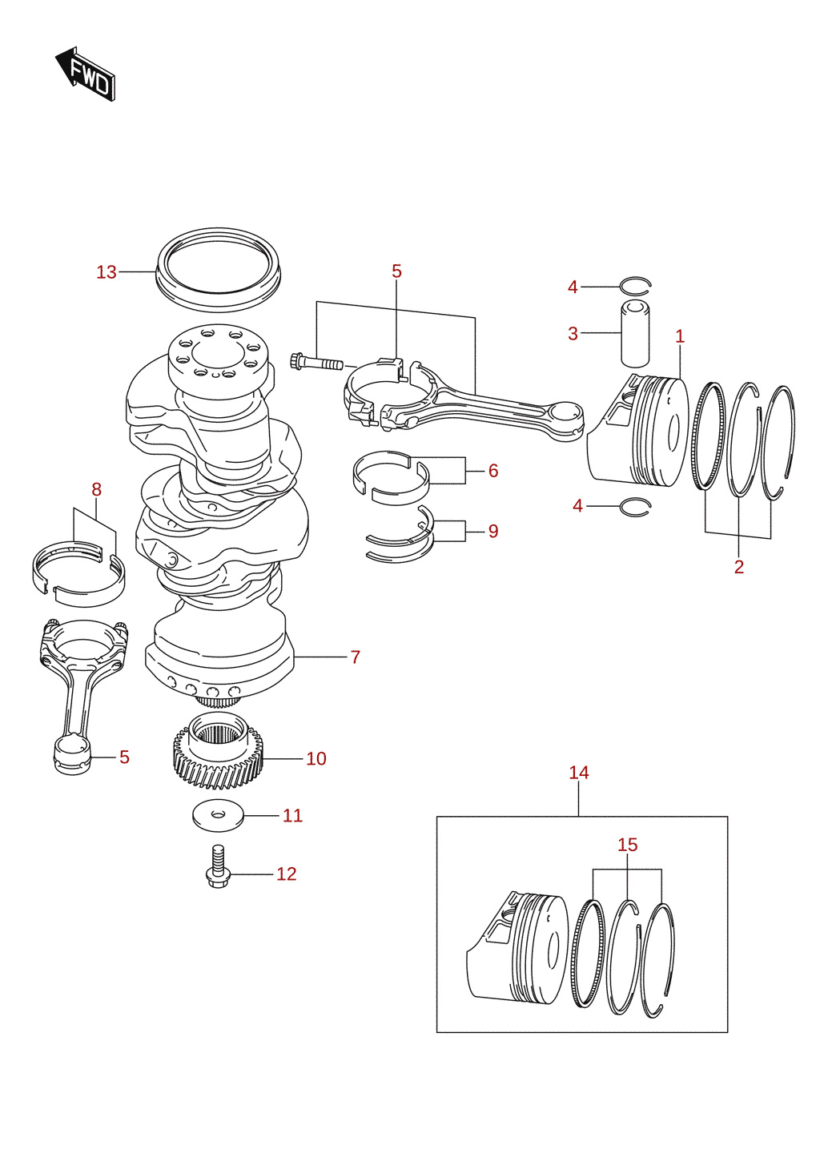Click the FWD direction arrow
(84, 73)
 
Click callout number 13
(107, 272)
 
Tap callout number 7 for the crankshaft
(356, 657)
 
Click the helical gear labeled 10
(218, 753)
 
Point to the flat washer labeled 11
(218, 815)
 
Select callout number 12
(286, 874)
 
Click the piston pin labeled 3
(635, 333)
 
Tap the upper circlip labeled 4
(635, 284)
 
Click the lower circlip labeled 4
(635, 507)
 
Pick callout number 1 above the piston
(680, 336)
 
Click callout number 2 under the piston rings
(739, 567)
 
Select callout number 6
(493, 471)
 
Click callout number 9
(493, 531)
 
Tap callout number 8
(96, 489)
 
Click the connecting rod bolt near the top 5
(316, 362)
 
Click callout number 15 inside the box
(628, 845)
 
